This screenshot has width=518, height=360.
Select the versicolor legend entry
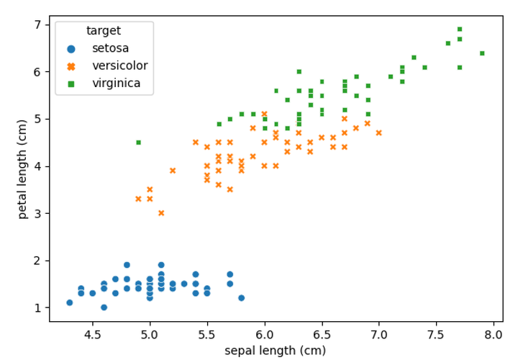point(119,66)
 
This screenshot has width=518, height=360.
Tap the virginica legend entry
point(116,84)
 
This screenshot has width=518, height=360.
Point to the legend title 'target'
point(104,31)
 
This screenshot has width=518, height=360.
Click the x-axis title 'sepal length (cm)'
point(276,351)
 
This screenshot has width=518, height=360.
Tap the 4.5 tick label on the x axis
point(92,335)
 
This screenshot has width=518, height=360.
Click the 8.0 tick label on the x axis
point(494,335)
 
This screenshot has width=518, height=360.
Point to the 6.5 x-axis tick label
point(322,335)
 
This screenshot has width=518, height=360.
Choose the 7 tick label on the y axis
point(37,24)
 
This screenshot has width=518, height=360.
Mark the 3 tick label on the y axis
point(37,213)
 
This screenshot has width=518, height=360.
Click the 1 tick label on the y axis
point(37,307)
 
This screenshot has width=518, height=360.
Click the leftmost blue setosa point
point(69,302)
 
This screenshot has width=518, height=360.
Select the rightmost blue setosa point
point(241,297)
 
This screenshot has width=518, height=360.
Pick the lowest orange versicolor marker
point(161,213)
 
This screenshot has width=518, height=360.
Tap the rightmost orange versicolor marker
point(378,132)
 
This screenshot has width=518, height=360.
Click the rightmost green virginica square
point(482,53)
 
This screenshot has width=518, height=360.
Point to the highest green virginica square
point(459,30)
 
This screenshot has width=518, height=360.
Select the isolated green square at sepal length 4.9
point(138,143)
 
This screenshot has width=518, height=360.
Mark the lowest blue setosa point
point(104,307)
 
